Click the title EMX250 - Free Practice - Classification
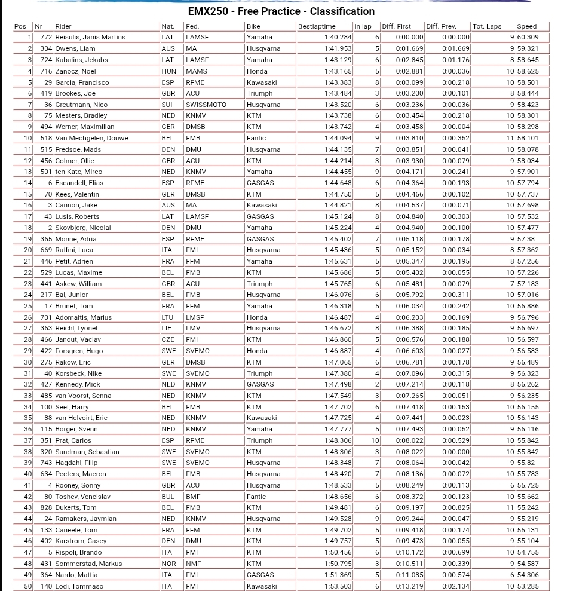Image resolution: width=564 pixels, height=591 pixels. pyautogui.click(x=281, y=11)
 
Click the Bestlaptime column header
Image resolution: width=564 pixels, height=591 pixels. pyautogui.click(x=317, y=26)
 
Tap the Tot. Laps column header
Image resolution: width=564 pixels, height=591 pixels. pyautogui.click(x=487, y=26)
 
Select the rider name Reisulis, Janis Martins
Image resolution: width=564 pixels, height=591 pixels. pyautogui.click(x=90, y=37)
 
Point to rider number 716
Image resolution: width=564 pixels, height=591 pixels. pyautogui.click(x=46, y=71)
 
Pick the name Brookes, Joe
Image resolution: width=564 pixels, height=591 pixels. pyautogui.click(x=75, y=93)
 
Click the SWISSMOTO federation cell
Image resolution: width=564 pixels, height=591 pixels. pyautogui.click(x=206, y=105)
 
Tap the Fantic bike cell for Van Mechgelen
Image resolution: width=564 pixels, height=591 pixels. pyautogui.click(x=256, y=138)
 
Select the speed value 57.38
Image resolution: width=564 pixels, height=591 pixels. pyautogui.click(x=526, y=239)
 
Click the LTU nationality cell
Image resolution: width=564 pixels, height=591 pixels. pyautogui.click(x=168, y=317)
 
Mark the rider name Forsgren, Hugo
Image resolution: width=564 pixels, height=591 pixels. pyautogui.click(x=79, y=351)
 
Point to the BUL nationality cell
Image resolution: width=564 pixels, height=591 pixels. pyautogui.click(x=168, y=497)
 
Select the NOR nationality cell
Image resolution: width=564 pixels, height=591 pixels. pyautogui.click(x=169, y=564)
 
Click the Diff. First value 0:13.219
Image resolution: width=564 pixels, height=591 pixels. pyautogui.click(x=409, y=586)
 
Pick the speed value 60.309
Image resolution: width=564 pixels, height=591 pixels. pyautogui.click(x=528, y=37)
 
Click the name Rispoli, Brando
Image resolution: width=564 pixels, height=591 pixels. pyautogui.click(x=78, y=553)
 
